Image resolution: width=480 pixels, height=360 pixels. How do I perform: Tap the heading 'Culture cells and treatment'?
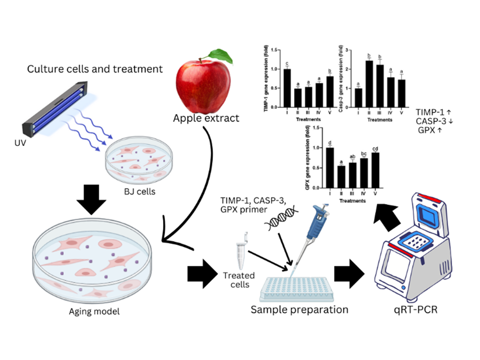coord(95,69)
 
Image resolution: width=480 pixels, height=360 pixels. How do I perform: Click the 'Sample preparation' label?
coord(299,309)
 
